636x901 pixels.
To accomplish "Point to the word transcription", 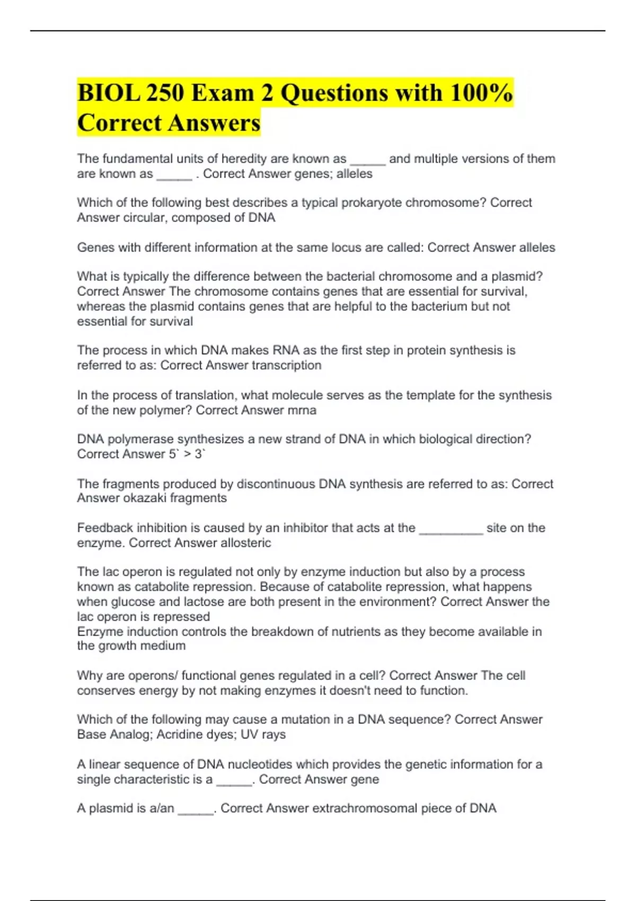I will click(286, 365).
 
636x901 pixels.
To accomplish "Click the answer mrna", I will click(302, 410).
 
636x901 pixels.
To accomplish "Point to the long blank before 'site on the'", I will click(450, 528).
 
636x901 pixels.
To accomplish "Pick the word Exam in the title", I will click(222, 93).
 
